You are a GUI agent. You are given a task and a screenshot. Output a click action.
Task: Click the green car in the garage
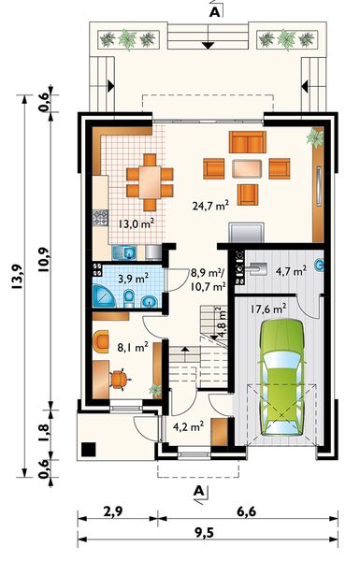click(282, 377)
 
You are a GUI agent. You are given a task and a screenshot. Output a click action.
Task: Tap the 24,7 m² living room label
click(210, 206)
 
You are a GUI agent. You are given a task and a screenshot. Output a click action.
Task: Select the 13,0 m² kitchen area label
click(137, 224)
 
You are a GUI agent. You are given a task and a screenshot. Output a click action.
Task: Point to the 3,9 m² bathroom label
click(134, 279)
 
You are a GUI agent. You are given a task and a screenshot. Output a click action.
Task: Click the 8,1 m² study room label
click(133, 347)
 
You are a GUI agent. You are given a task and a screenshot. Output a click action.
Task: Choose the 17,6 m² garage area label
click(268, 309)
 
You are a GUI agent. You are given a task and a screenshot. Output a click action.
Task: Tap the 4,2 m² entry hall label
click(188, 426)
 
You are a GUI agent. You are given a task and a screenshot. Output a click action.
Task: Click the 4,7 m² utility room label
click(291, 271)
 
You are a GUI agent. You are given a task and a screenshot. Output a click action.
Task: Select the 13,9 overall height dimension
click(17, 277)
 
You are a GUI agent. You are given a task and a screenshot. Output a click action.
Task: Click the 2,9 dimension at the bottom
click(113, 511)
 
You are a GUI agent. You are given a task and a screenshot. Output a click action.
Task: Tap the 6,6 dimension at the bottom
click(247, 511)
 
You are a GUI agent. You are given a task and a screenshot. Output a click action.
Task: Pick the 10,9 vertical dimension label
click(44, 260)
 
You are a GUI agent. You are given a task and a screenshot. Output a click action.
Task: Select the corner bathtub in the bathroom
click(104, 295)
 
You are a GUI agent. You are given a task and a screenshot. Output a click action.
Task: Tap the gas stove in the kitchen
click(101, 218)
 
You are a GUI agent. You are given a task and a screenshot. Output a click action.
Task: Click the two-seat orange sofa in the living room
click(248, 142)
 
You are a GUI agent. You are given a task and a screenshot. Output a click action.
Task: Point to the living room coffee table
click(247, 168)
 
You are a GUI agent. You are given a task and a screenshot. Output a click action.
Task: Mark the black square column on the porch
click(89, 450)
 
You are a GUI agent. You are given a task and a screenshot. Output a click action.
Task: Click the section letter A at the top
click(214, 12)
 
